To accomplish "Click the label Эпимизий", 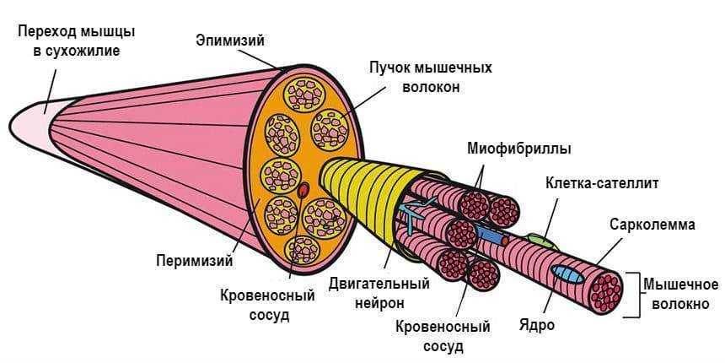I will [230, 40].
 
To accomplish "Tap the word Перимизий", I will [194, 260].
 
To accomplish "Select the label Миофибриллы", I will [518, 149].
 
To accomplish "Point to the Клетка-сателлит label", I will [602, 183].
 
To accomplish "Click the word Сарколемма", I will [652, 225].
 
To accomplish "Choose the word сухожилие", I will [78, 51].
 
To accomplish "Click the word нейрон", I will [379, 302].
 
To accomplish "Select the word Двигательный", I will [379, 283].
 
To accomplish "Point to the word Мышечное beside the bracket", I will [680, 284].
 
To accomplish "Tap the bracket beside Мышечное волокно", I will [629, 294].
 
